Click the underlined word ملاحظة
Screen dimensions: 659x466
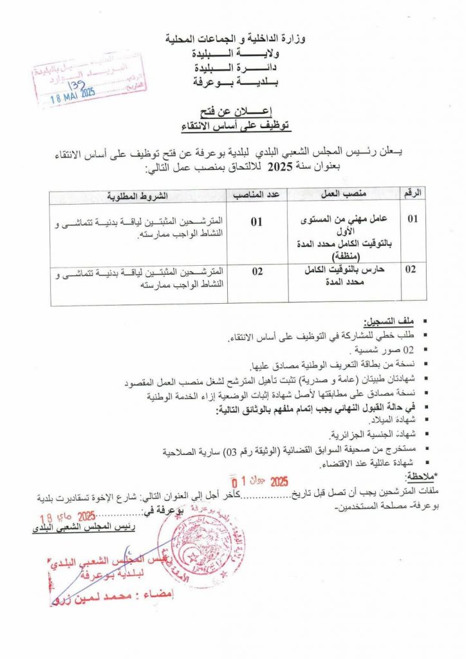tap(427, 476)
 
